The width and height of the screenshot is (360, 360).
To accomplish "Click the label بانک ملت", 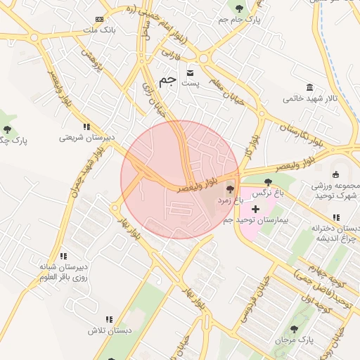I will (x=99, y=31).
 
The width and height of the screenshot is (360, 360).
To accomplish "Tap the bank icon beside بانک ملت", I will (x=99, y=19).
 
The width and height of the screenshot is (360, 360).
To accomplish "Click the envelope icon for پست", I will (x=190, y=72).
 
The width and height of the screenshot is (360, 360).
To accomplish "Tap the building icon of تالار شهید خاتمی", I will (x=290, y=86).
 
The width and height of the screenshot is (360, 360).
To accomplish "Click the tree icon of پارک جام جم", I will (x=240, y=8).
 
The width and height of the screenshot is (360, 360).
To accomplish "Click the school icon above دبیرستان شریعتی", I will (x=86, y=127).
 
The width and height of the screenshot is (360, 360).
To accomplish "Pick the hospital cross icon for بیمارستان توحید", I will (x=255, y=209).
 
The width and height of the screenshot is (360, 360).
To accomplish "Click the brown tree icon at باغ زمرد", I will (x=230, y=190).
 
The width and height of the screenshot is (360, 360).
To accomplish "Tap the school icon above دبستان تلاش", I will (x=108, y=319).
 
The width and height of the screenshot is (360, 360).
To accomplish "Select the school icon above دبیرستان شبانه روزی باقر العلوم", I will (x=63, y=257).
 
